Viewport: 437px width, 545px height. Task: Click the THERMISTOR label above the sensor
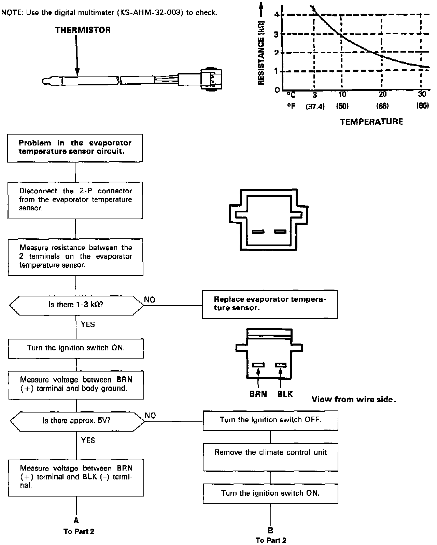[x=83, y=30]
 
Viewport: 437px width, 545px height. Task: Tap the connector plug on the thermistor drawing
[x=211, y=80]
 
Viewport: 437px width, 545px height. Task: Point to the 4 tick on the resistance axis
[x=277, y=15]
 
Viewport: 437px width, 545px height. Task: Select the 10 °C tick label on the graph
[x=342, y=95]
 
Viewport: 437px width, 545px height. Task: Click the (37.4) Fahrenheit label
[x=315, y=107]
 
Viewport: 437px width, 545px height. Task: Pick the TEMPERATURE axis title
[x=371, y=122]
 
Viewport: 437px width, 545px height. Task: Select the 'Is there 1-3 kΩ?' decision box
[x=76, y=305]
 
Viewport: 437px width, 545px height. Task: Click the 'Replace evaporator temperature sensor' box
[x=270, y=304]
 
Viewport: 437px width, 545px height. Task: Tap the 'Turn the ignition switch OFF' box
[x=270, y=420]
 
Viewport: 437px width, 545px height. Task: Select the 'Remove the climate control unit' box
[x=270, y=457]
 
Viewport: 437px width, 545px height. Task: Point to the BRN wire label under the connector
[x=258, y=394]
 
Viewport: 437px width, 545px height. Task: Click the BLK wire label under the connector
[x=285, y=394]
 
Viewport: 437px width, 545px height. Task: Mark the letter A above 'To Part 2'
[x=76, y=520]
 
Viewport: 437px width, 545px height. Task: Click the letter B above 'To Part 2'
[x=270, y=530]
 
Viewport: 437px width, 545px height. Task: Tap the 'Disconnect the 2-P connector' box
[x=75, y=200]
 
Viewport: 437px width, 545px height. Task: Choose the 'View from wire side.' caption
[x=353, y=400]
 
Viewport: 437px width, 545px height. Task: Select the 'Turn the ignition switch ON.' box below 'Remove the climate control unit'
[x=270, y=493]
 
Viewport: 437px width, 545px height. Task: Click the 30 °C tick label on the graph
[x=422, y=95]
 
